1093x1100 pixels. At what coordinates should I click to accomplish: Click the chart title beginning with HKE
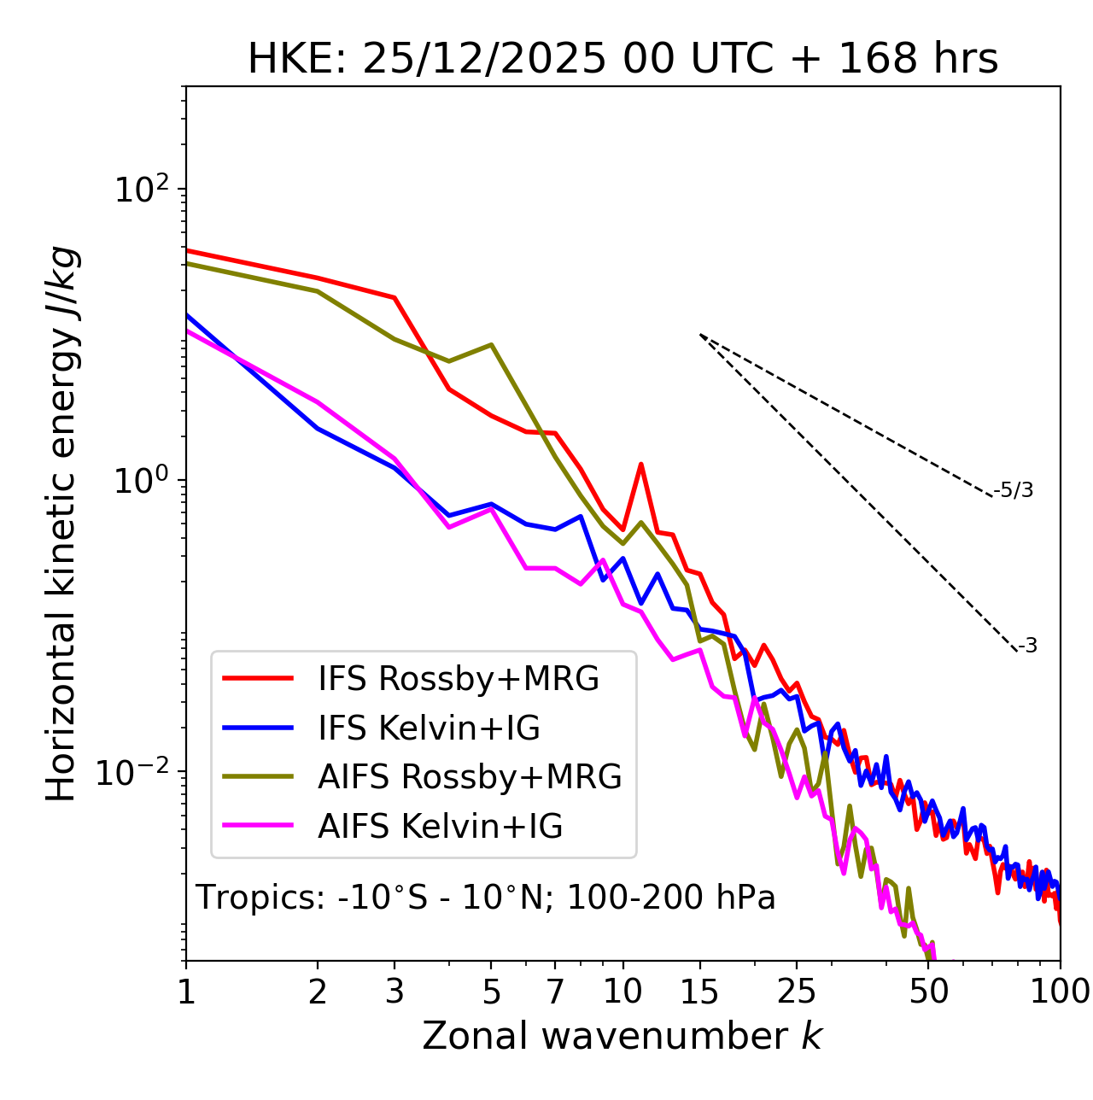pos(622,60)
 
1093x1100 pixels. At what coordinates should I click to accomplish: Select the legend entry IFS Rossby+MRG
pos(458,679)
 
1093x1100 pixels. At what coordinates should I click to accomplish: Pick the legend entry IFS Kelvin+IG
pos(429,728)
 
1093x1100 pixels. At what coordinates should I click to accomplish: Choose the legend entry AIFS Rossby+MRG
pos(469,777)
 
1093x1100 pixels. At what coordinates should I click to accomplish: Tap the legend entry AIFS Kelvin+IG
pos(440,827)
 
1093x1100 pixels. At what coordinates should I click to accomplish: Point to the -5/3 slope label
pos(1014,490)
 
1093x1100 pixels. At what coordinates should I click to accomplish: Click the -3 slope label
pos(1027,647)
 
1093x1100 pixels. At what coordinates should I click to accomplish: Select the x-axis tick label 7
pos(555,992)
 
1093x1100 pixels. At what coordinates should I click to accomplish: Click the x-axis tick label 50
pos(929,992)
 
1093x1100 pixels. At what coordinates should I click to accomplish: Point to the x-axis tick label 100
pos(1060,992)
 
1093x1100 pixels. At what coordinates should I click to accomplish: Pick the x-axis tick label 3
pos(394,992)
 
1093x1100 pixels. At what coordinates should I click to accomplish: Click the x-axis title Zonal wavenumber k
pos(622,1037)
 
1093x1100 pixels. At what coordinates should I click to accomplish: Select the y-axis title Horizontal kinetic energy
pos(62,524)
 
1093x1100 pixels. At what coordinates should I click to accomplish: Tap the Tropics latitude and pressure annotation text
pos(486,898)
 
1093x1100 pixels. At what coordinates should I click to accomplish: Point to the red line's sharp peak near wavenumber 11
pos(640,465)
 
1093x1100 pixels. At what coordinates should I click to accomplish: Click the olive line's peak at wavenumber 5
pos(491,345)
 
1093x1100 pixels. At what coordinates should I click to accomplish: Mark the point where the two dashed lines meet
pos(700,335)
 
